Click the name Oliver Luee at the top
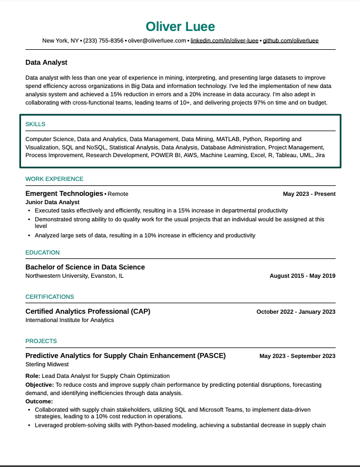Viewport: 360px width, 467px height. pos(180,27)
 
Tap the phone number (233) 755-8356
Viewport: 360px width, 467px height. pos(103,41)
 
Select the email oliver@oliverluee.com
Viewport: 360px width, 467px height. pos(157,41)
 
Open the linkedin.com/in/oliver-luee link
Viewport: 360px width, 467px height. pos(225,41)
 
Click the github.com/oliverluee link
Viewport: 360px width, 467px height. pos(290,41)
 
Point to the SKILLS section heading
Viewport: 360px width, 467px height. pos(35,124)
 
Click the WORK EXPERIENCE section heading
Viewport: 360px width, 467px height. pos(54,179)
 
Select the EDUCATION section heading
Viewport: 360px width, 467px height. pos(43,252)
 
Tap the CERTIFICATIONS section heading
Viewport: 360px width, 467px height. pos(50,297)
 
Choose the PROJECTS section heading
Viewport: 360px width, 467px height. pos(41,341)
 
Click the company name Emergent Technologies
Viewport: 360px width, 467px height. pos(64,194)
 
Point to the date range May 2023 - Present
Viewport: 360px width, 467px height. pos(309,194)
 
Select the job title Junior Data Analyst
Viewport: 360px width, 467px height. pos(53,203)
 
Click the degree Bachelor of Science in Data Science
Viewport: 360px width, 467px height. pos(85,267)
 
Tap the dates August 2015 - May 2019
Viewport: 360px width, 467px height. pos(302,276)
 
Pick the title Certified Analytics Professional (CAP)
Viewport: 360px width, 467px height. pos(88,311)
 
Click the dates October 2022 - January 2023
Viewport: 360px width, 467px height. pos(296,312)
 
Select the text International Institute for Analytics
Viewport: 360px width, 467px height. pos(70,320)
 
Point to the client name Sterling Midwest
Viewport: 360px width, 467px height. pos(47,364)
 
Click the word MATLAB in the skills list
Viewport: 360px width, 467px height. pos(228,139)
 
